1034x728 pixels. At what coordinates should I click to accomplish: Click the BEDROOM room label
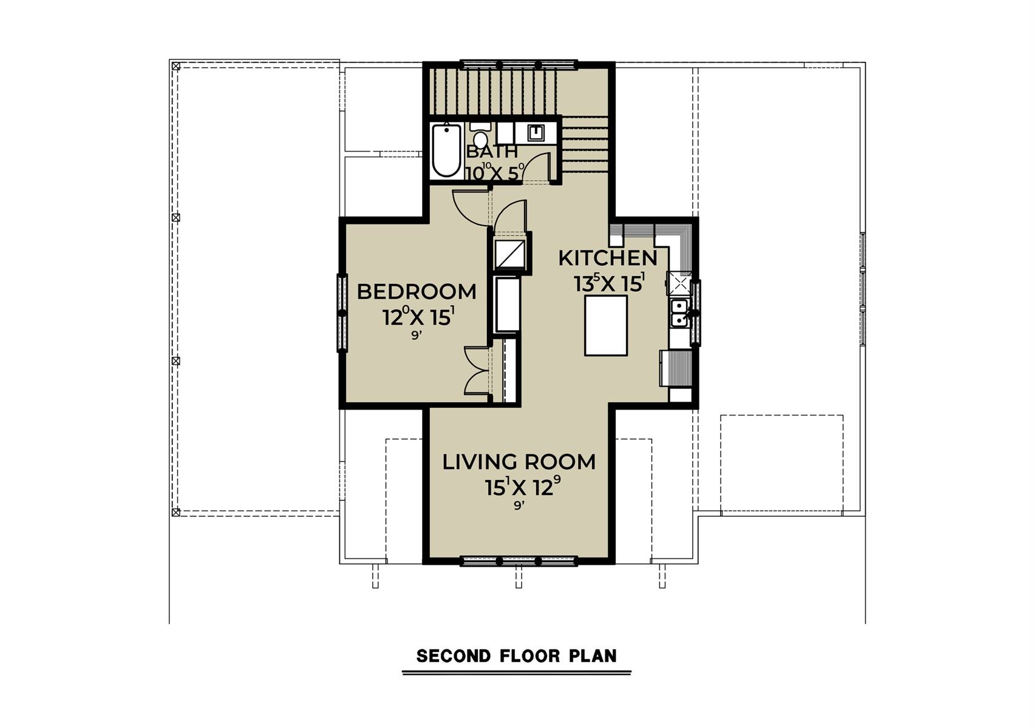(x=417, y=292)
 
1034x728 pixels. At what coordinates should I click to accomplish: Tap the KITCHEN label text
(x=608, y=258)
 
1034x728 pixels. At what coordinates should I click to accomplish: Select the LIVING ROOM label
(x=519, y=462)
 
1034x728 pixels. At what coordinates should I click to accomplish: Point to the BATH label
(x=492, y=151)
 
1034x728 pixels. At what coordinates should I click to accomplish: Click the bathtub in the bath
(x=446, y=150)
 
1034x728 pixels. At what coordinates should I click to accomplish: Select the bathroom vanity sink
(x=536, y=132)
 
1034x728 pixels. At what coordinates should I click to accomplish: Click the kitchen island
(x=605, y=326)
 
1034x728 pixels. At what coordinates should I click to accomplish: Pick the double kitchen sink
(x=679, y=313)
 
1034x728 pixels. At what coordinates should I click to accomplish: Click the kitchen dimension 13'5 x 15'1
(x=609, y=283)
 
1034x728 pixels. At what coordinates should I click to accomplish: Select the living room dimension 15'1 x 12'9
(x=523, y=487)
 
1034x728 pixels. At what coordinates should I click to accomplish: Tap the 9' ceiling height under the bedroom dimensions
(x=417, y=335)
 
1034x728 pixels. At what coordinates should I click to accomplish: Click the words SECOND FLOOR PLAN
(x=517, y=656)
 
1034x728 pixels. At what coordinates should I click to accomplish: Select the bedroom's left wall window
(x=342, y=313)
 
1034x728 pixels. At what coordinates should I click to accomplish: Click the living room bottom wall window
(x=519, y=561)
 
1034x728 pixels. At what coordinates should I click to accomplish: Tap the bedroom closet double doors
(x=477, y=371)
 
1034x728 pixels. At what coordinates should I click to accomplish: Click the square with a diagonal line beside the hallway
(x=509, y=253)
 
